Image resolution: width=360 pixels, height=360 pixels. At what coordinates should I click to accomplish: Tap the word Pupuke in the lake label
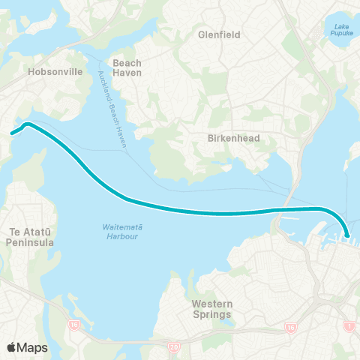point(341,34)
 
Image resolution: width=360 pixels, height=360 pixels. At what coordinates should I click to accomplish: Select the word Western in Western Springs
point(212,304)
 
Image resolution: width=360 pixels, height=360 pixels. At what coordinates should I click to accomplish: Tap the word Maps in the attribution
point(34,346)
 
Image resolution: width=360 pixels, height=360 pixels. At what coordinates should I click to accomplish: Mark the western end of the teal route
point(12,134)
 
